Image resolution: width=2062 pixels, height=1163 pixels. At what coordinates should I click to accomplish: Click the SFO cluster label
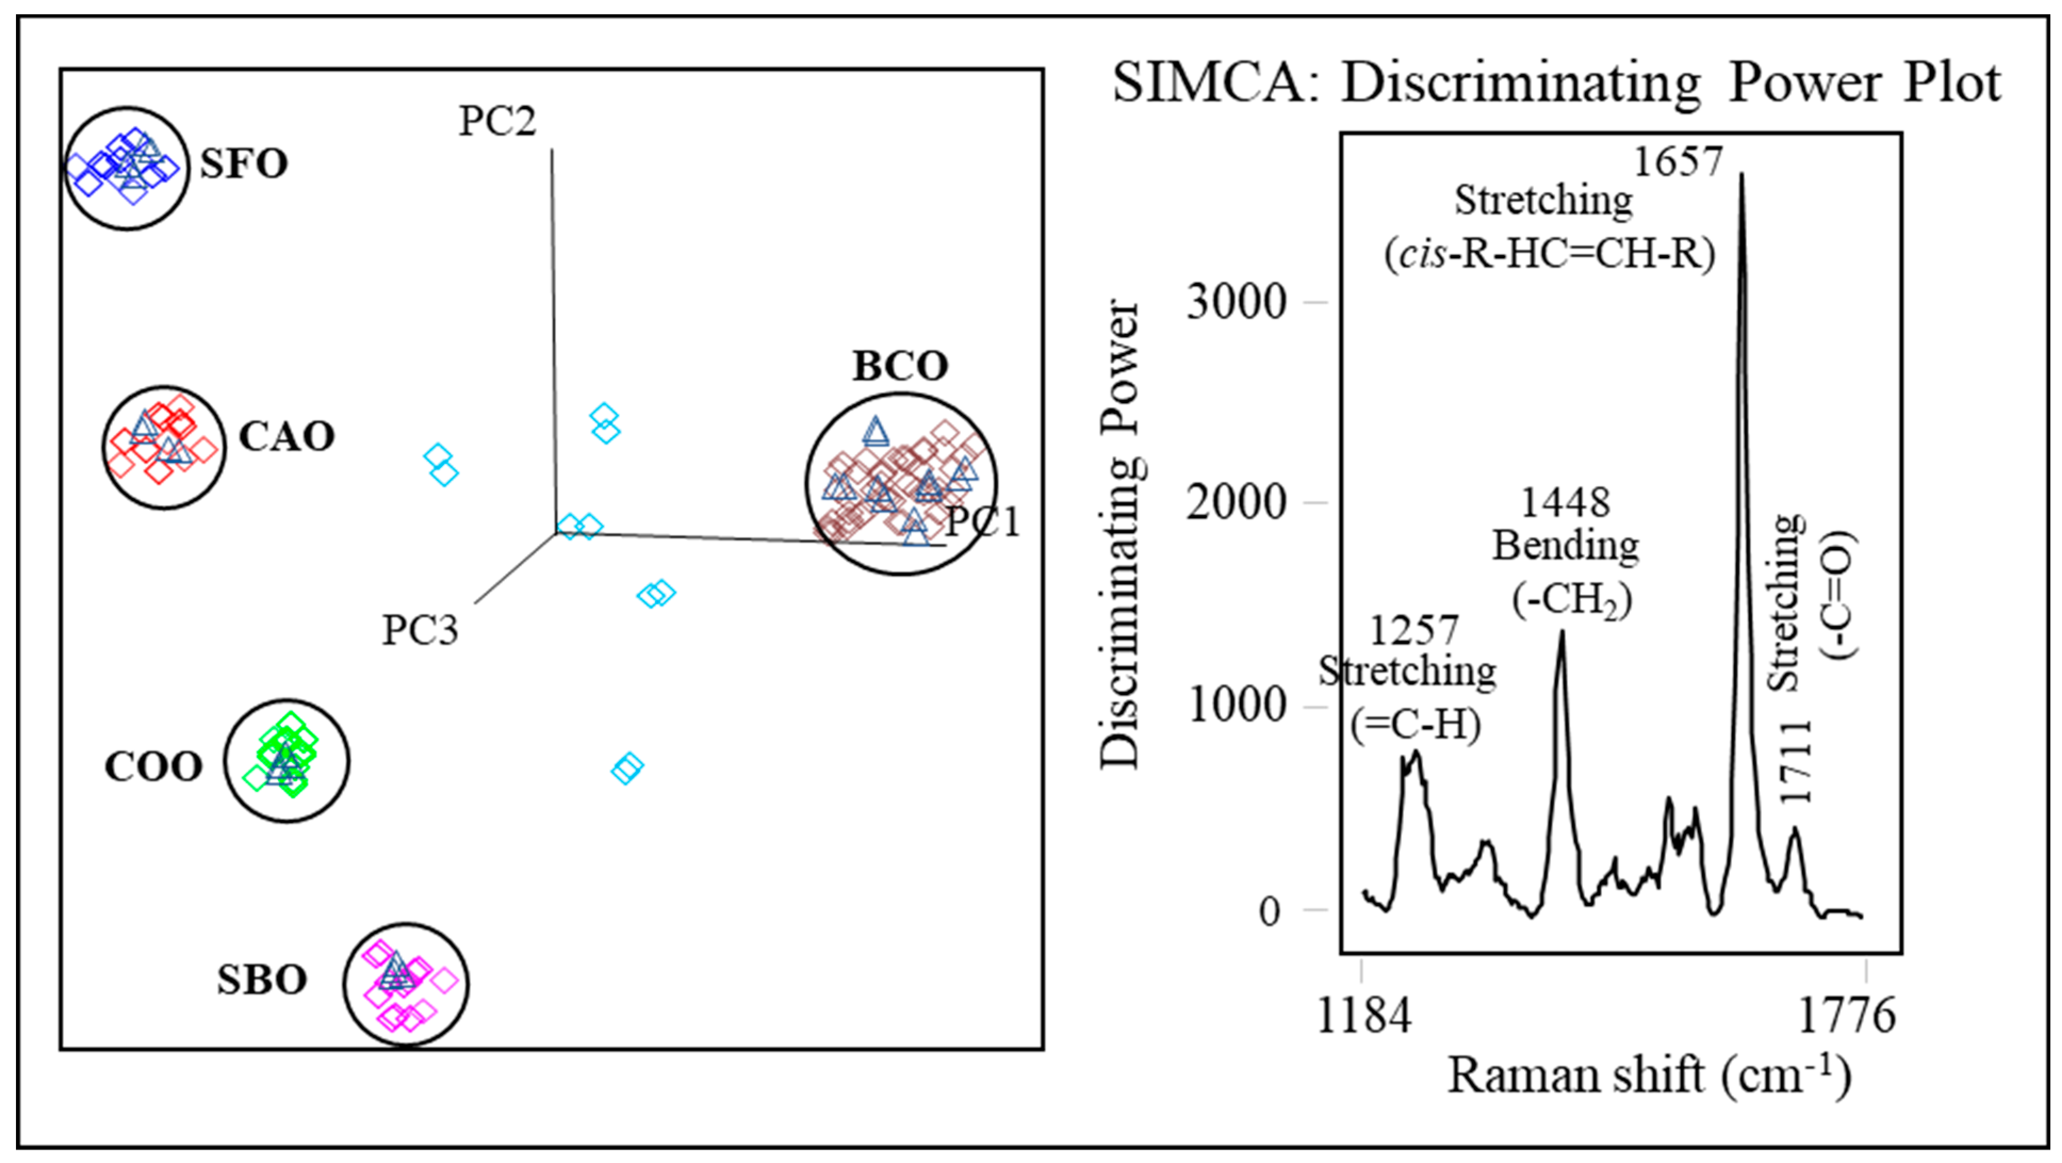[x=243, y=164]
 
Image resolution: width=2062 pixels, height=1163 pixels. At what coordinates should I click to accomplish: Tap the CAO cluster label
[x=287, y=437]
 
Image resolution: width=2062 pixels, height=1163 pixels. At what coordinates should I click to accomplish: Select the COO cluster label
[x=154, y=767]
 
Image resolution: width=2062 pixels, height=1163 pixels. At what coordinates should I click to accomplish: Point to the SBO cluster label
[x=263, y=980]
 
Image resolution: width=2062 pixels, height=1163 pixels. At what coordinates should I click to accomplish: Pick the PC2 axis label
[x=497, y=121]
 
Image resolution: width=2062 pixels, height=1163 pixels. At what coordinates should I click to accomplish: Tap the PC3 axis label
[x=420, y=630]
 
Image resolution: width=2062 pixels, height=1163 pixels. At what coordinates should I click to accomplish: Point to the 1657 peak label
[x=1677, y=162]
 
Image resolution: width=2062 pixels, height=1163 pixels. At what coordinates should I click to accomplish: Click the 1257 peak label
[x=1414, y=630]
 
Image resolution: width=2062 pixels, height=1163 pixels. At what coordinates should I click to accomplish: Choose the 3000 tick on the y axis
[x=1236, y=302]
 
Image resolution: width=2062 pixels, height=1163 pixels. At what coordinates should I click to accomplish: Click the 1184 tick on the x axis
[x=1364, y=1017]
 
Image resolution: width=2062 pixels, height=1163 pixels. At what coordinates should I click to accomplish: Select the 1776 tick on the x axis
[x=1847, y=1017]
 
